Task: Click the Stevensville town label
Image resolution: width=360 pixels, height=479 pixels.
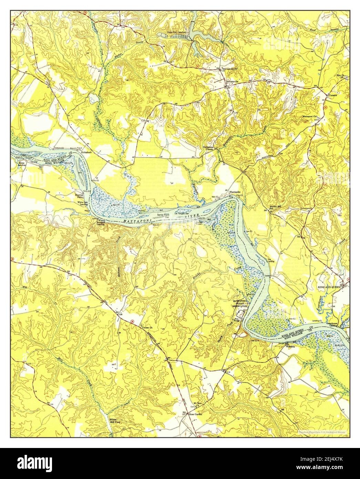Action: tap(233, 81)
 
